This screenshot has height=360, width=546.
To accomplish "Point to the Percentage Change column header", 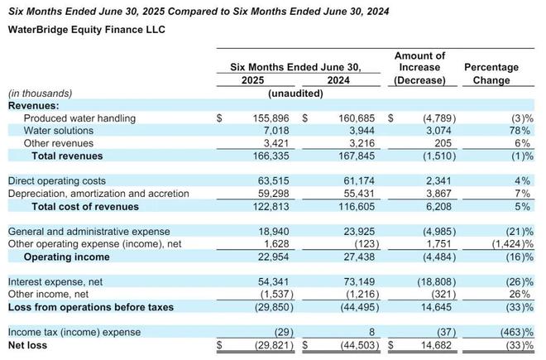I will [x=491, y=74].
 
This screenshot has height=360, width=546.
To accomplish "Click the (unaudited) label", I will [x=294, y=94].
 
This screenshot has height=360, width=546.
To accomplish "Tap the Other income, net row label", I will [x=49, y=294].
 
